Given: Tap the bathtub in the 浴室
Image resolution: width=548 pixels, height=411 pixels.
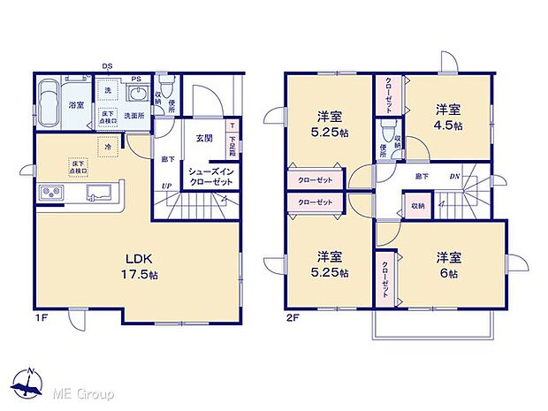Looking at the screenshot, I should click(x=50, y=91).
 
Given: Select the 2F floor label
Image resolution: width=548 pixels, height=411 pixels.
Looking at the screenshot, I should click(x=292, y=316).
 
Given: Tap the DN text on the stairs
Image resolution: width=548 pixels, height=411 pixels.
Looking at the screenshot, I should click(x=454, y=177).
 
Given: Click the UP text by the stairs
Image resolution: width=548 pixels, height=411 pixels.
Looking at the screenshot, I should click(x=166, y=184).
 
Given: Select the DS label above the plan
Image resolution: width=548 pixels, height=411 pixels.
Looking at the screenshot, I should click(x=107, y=65).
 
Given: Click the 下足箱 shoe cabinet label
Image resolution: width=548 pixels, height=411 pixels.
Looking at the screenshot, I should click(x=232, y=140).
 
